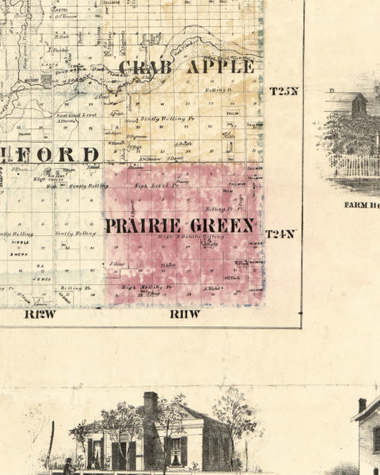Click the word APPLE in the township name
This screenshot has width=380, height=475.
tap(220, 66)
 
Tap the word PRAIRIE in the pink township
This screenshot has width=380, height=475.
tap(142, 226)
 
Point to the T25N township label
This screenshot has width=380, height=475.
tap(283, 90)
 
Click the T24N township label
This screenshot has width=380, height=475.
tap(280, 234)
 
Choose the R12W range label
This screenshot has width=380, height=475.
tap(40, 314)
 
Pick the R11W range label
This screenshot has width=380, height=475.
tap(185, 314)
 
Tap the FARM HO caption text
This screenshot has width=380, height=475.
tap(361, 204)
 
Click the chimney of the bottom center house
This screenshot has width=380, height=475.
tap(150, 402)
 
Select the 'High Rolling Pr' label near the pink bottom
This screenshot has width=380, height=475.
tap(146, 287)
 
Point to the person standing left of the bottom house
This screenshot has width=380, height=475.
tap(68, 465)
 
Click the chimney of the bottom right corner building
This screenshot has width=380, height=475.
tap(362, 405)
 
